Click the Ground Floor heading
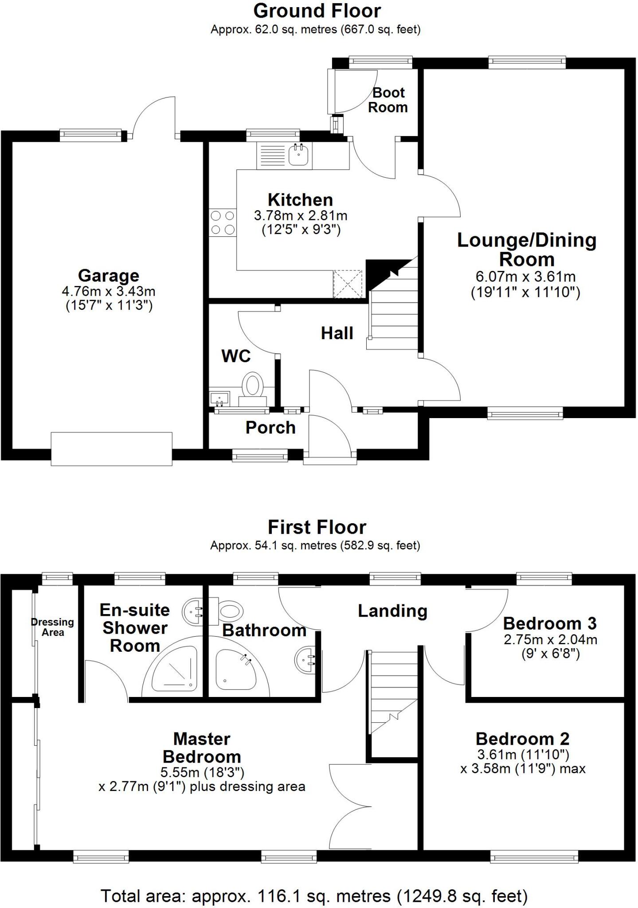tap(317, 11)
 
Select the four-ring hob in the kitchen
tap(223, 223)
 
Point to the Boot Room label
tap(388, 100)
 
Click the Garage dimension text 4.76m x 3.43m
tap(109, 291)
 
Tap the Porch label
tap(270, 427)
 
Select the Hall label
tap(337, 333)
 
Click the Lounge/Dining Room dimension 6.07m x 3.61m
tap(525, 277)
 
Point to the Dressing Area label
tap(52, 627)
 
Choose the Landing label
tap(392, 611)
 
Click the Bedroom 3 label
tap(550, 623)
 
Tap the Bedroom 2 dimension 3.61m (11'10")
tap(523, 754)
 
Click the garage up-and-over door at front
tap(111, 449)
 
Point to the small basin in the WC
tap(219, 398)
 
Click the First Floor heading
tap(317, 528)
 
